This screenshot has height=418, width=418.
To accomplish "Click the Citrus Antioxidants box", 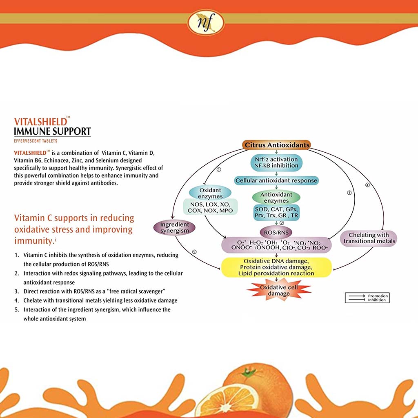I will [276, 145].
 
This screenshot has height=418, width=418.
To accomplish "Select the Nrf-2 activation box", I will [276, 162].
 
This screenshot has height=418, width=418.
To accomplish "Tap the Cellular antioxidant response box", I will [276, 180].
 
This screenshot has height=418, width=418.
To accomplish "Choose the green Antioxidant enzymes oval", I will [276, 198].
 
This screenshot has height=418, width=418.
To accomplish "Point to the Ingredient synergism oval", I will [174, 228].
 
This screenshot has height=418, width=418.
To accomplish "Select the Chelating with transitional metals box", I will [369, 238].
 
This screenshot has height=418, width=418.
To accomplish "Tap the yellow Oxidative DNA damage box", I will [276, 267].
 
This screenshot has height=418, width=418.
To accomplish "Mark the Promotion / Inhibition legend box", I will [367, 298].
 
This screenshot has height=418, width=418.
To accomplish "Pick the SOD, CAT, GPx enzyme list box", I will [276, 212].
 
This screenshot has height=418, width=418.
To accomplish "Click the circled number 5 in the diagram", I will [194, 252].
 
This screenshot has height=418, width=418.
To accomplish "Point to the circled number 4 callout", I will [367, 185].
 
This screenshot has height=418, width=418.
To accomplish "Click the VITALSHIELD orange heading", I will [40, 122].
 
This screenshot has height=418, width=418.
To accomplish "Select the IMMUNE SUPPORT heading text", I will [52, 131].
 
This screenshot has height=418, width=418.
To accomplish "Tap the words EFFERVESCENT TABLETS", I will [35, 141].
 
